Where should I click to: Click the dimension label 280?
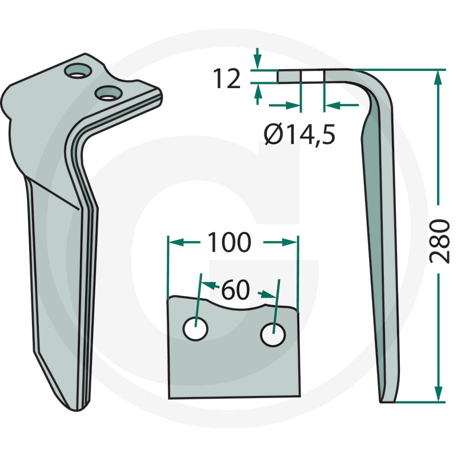coord(439,239)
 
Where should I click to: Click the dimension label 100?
coord(228,243)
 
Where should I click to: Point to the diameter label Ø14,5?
coord(299,135)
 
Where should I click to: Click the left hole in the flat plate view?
coord(195,330)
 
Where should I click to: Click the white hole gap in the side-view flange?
coord(312,77)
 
